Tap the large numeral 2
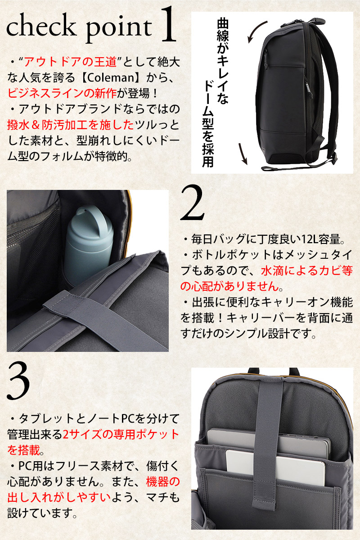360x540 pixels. pyautogui.click(x=193, y=203)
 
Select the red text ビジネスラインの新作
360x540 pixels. pyautogui.click(x=62, y=94)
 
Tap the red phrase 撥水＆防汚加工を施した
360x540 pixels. pyautogui.click(x=70, y=125)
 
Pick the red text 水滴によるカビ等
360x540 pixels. pyautogui.click(x=307, y=271)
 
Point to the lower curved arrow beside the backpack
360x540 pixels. pyautogui.click(x=243, y=153)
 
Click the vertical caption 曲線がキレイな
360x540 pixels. pyautogui.click(x=223, y=61)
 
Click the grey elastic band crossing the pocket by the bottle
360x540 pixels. pyautogui.click(x=106, y=318)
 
